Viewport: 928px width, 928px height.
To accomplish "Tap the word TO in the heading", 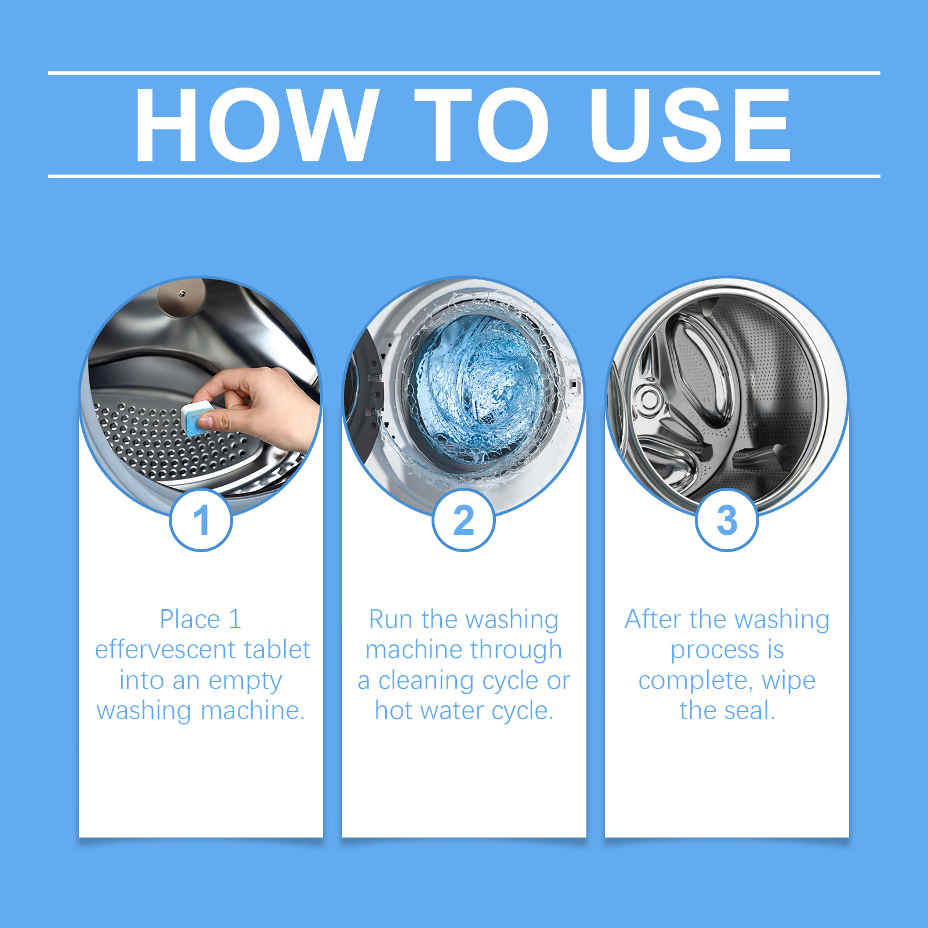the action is tap(481, 125).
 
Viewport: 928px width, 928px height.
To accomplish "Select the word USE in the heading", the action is tap(690, 125).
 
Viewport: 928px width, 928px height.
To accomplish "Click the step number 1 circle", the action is tap(201, 520).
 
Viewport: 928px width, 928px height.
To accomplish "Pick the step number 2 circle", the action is tap(463, 520).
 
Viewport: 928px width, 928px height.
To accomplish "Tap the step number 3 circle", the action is tap(727, 520).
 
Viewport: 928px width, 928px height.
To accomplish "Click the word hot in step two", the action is tap(393, 710).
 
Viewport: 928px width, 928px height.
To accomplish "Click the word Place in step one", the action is tap(190, 619).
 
